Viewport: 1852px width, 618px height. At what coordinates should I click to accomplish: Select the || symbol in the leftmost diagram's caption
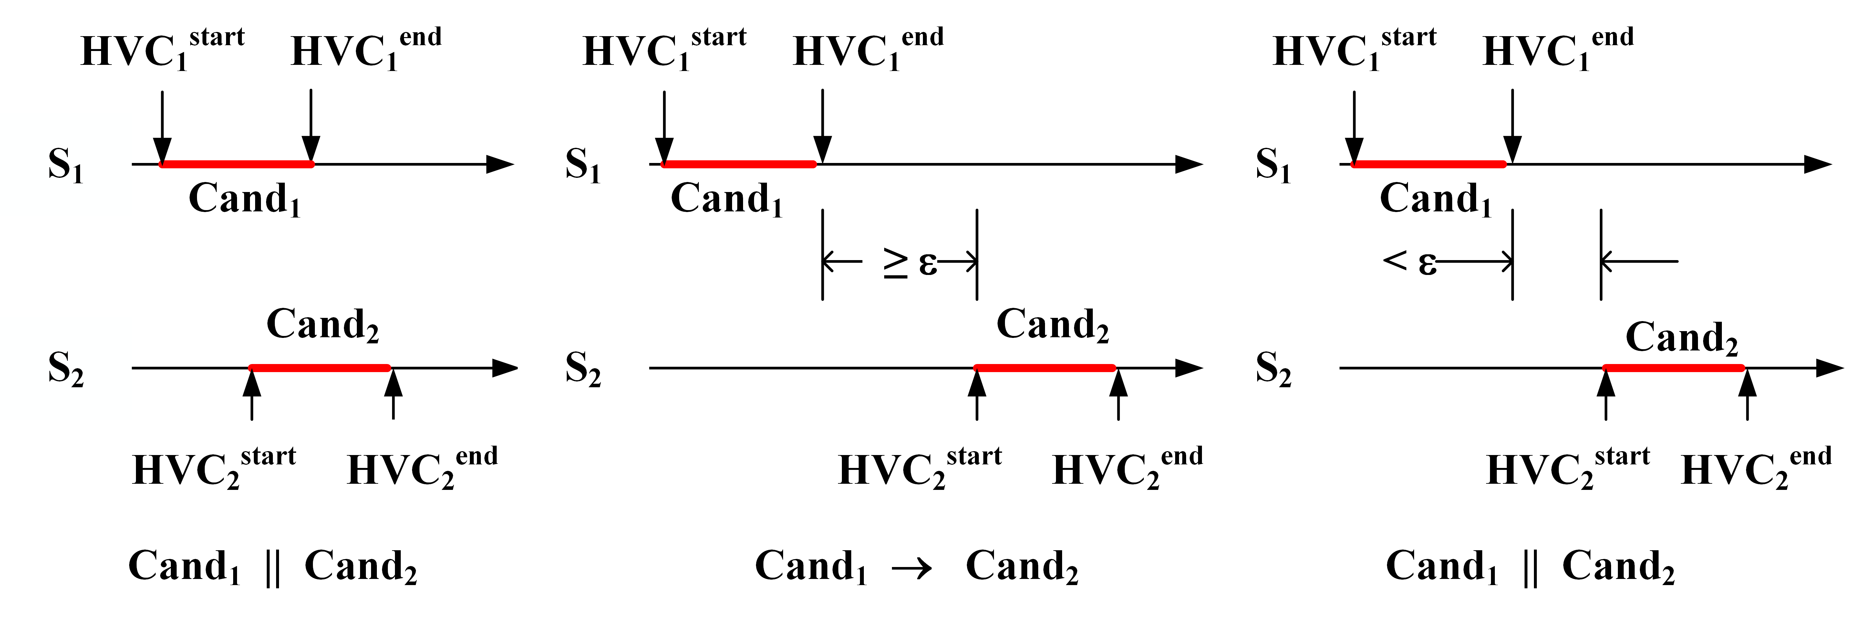point(273,568)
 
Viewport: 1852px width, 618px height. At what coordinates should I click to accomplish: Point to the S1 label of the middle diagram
point(582,165)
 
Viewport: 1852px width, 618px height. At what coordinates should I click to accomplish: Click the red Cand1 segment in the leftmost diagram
point(237,165)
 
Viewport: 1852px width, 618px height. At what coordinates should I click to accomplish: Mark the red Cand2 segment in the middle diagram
point(1045,368)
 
